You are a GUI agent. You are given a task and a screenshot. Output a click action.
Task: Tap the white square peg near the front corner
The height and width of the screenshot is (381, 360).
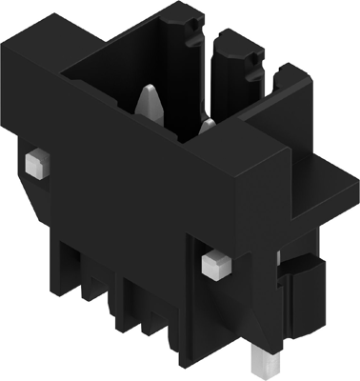coord(214,263)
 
